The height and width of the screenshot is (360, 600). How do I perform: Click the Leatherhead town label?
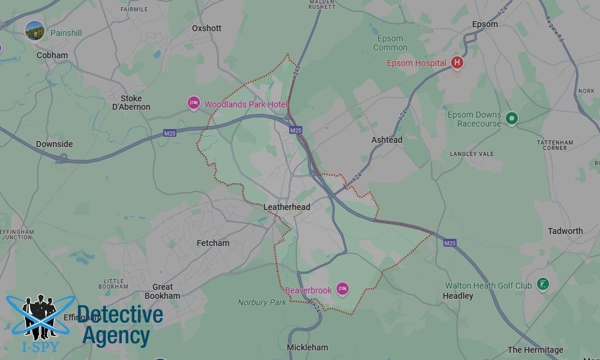pyautogui.click(x=287, y=207)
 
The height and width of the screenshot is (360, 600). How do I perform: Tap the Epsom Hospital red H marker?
pyautogui.click(x=457, y=62)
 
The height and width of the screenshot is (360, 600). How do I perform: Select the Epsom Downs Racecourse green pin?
pyautogui.click(x=511, y=119)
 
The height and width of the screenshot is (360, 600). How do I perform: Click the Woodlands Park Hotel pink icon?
pyautogui.click(x=193, y=104)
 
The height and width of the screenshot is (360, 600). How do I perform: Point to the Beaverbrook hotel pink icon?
pyautogui.click(x=342, y=290)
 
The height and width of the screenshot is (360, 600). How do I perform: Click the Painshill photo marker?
pyautogui.click(x=35, y=31)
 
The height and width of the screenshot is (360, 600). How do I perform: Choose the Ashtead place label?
pyautogui.click(x=387, y=139)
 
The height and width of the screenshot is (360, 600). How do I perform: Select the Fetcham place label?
pyautogui.click(x=213, y=243)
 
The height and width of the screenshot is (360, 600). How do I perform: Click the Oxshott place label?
pyautogui.click(x=206, y=28)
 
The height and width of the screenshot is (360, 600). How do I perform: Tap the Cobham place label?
pyautogui.click(x=52, y=55)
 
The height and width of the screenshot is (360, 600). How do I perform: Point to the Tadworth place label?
pyautogui.click(x=565, y=231)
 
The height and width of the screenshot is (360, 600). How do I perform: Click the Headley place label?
pyautogui.click(x=458, y=296)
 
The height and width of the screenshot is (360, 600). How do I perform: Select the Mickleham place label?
pyautogui.click(x=308, y=347)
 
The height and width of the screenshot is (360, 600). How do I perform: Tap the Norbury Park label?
pyautogui.click(x=262, y=302)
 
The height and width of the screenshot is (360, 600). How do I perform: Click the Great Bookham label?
pyautogui.click(x=163, y=291)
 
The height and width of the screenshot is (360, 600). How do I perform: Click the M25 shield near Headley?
pyautogui.click(x=450, y=243)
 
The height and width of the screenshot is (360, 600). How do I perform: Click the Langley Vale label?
pyautogui.click(x=472, y=154)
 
